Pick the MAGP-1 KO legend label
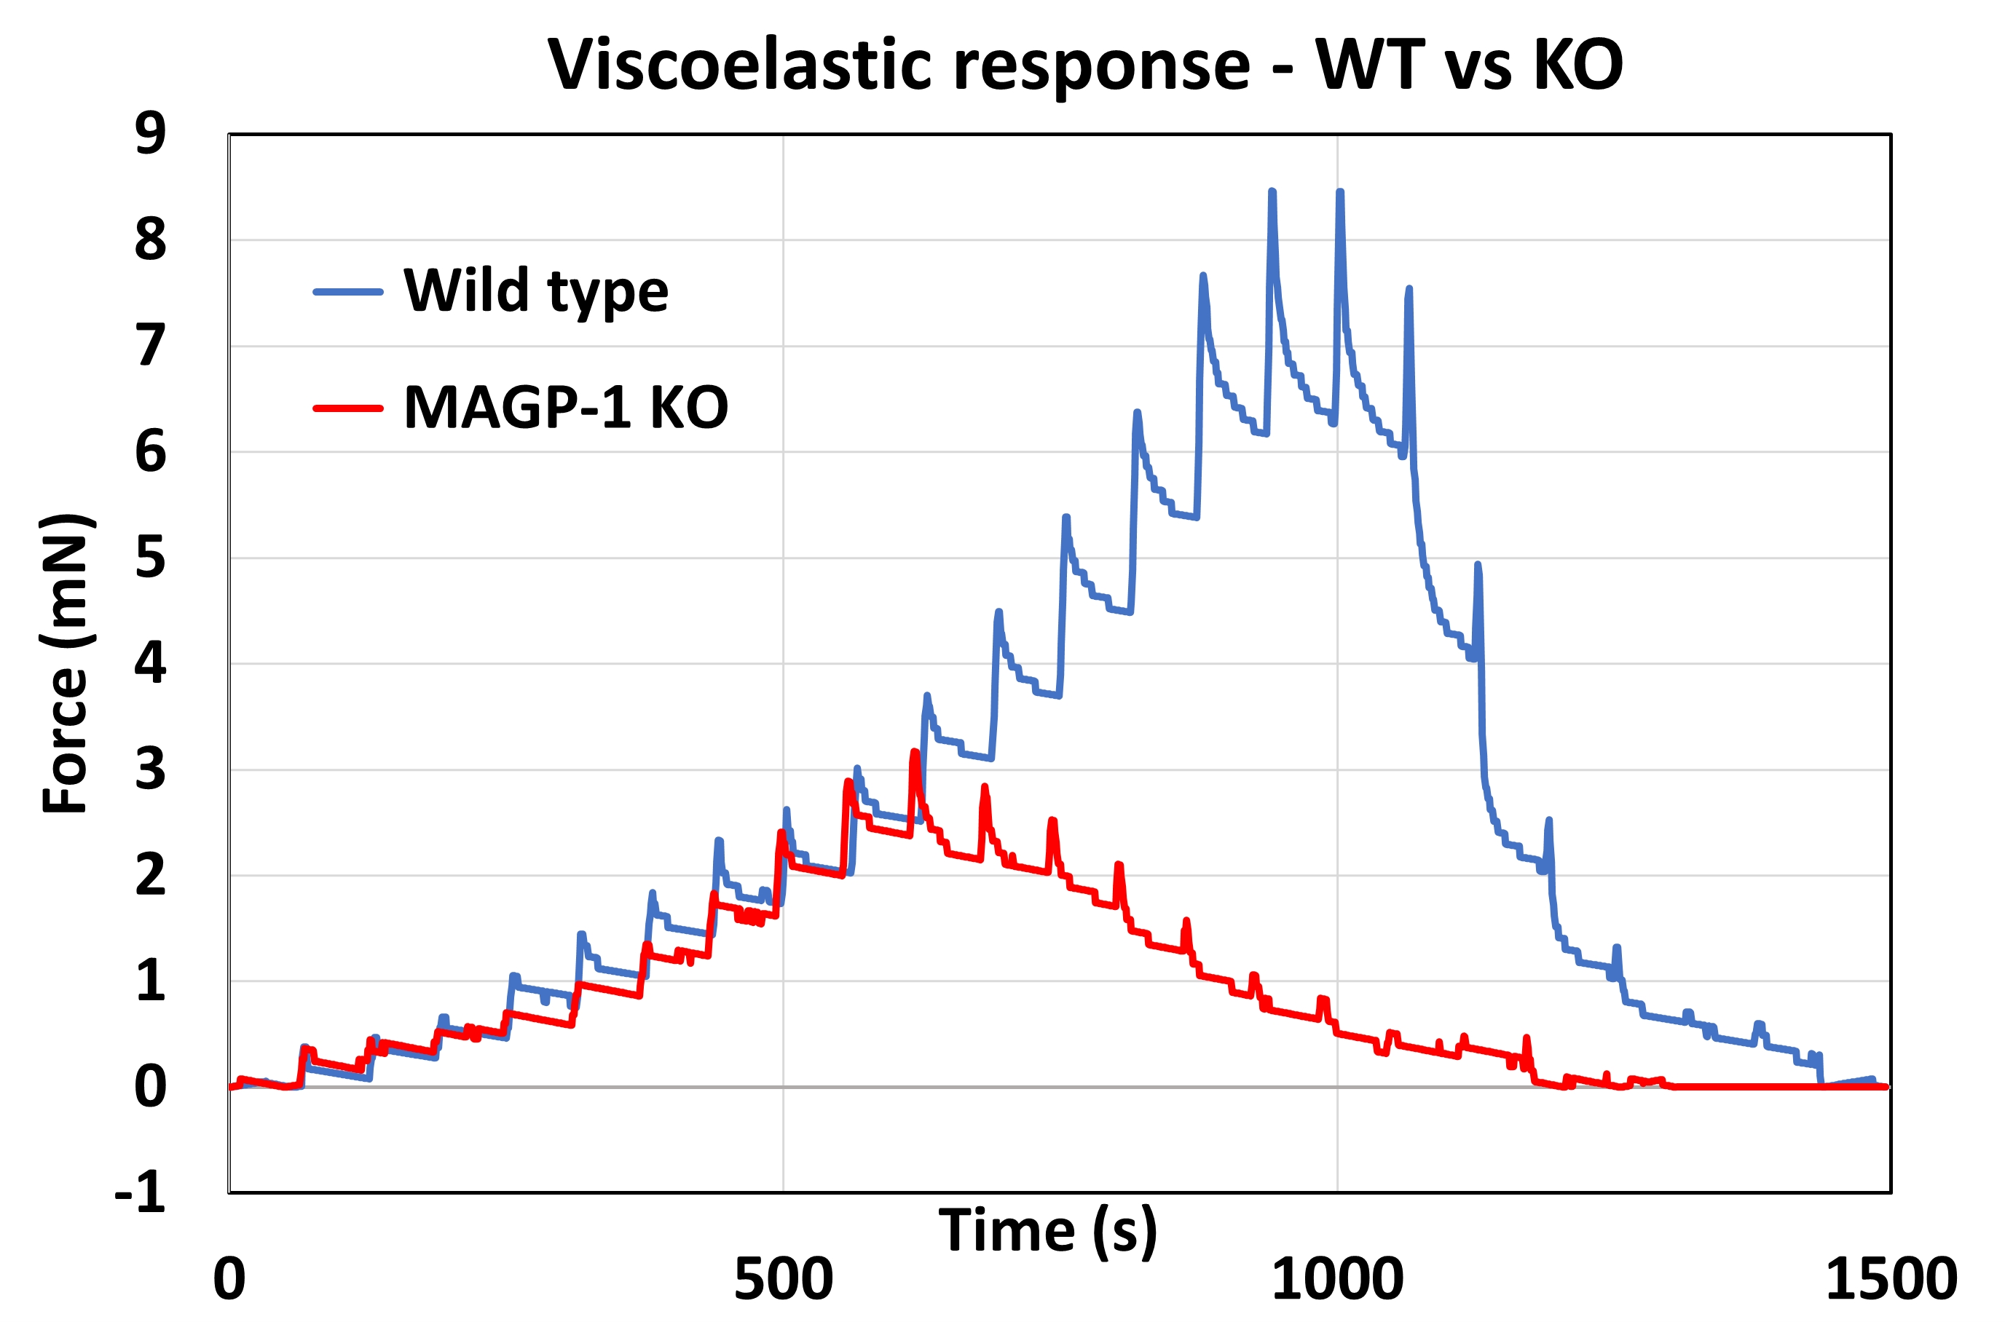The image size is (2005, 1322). pos(565,408)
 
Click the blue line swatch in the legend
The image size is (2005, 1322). pos(347,293)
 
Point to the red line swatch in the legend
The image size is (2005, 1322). pos(347,409)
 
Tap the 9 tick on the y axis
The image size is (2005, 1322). pos(150,133)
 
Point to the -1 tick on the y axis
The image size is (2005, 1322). pos(140,1192)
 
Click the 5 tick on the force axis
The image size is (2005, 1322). pos(150,558)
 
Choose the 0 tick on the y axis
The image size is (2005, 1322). pos(150,1087)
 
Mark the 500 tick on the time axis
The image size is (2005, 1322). pos(783,1279)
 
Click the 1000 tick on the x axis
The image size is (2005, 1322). pos(1337,1279)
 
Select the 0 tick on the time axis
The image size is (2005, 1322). pos(229,1279)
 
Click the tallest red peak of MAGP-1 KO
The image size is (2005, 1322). pos(914,752)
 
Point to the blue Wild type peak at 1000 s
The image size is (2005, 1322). pos(1339,193)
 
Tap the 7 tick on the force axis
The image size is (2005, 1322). pos(150,346)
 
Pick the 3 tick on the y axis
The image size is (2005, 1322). pos(150,769)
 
